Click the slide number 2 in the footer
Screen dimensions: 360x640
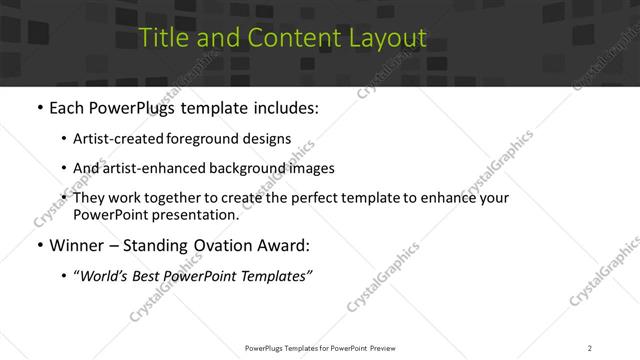(589, 347)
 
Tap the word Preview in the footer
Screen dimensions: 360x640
(388, 347)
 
